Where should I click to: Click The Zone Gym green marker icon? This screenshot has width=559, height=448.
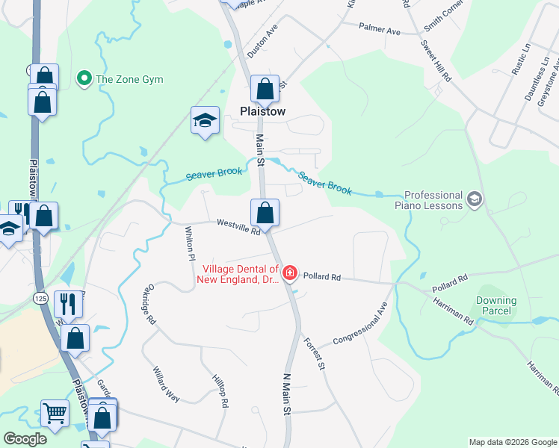84,78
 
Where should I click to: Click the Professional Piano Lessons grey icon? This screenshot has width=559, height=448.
473,199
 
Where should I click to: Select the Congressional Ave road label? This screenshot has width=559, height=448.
361,326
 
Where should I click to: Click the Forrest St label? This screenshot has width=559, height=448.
315,352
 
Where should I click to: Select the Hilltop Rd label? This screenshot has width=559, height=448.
219,391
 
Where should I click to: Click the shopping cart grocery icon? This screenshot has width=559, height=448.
55,411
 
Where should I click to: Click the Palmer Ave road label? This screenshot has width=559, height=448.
380,31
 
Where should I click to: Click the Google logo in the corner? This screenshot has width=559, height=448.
25,439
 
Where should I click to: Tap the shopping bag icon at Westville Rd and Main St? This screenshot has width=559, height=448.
265,214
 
